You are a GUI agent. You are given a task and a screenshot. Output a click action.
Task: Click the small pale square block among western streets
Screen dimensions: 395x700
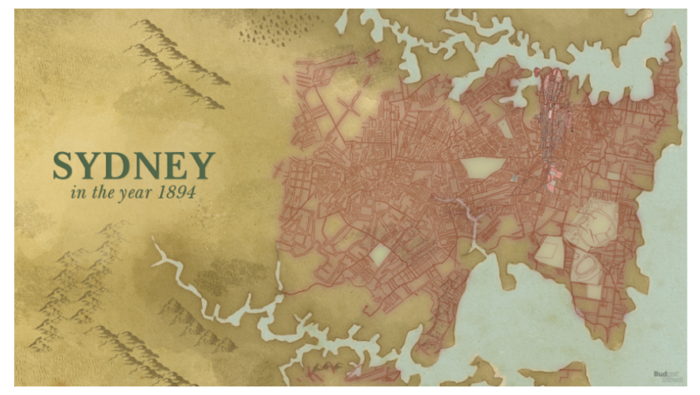[x=380, y=255]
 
